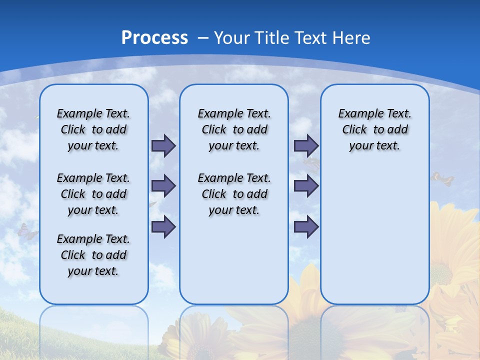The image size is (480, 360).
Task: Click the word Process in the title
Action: [154, 37]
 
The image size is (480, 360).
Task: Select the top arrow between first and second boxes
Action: [163, 146]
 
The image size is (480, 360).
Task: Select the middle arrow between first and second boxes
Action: [163, 186]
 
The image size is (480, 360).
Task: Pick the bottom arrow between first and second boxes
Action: [163, 227]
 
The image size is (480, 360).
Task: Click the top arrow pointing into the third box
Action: [306, 146]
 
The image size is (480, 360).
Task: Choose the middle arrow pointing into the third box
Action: [306, 186]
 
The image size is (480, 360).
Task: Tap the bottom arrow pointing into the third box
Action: [306, 227]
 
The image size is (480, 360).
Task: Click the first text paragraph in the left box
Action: [93, 129]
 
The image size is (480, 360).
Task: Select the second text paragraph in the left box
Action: [93, 194]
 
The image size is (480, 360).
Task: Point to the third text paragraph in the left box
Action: [93, 255]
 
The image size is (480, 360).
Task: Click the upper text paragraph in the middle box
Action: [234, 129]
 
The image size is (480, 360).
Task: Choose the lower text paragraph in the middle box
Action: [234, 194]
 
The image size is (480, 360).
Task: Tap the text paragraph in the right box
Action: [375, 129]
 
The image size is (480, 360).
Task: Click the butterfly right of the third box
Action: [443, 178]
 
